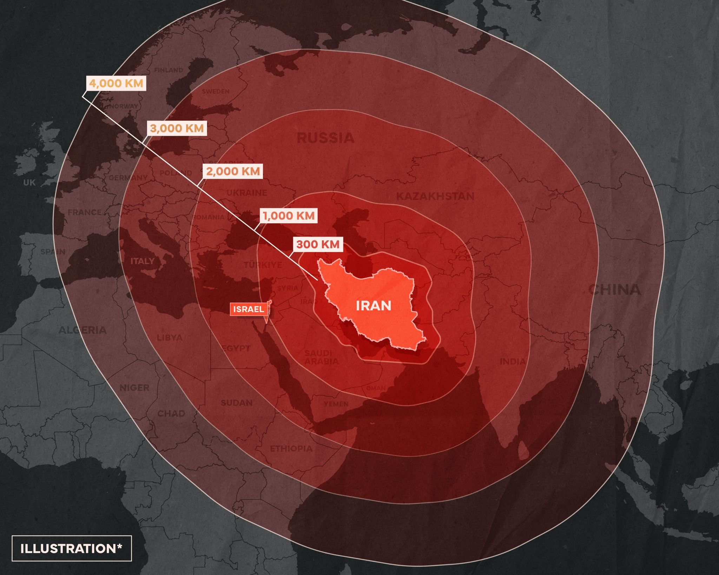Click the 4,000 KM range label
(116, 84)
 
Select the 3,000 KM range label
(177, 128)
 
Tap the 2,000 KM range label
(233, 172)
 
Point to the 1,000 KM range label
(289, 216)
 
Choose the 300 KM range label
(318, 244)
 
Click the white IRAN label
(374, 306)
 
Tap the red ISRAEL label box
(249, 309)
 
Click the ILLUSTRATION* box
(72, 549)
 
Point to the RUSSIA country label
(325, 138)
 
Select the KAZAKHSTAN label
(435, 196)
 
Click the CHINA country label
(614, 290)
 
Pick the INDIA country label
(513, 361)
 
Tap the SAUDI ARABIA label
(321, 357)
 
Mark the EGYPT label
(236, 348)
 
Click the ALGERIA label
(82, 330)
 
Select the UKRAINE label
(246, 193)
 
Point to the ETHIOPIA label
(291, 448)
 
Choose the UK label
(29, 183)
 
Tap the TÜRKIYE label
(263, 265)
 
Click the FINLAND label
(169, 70)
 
